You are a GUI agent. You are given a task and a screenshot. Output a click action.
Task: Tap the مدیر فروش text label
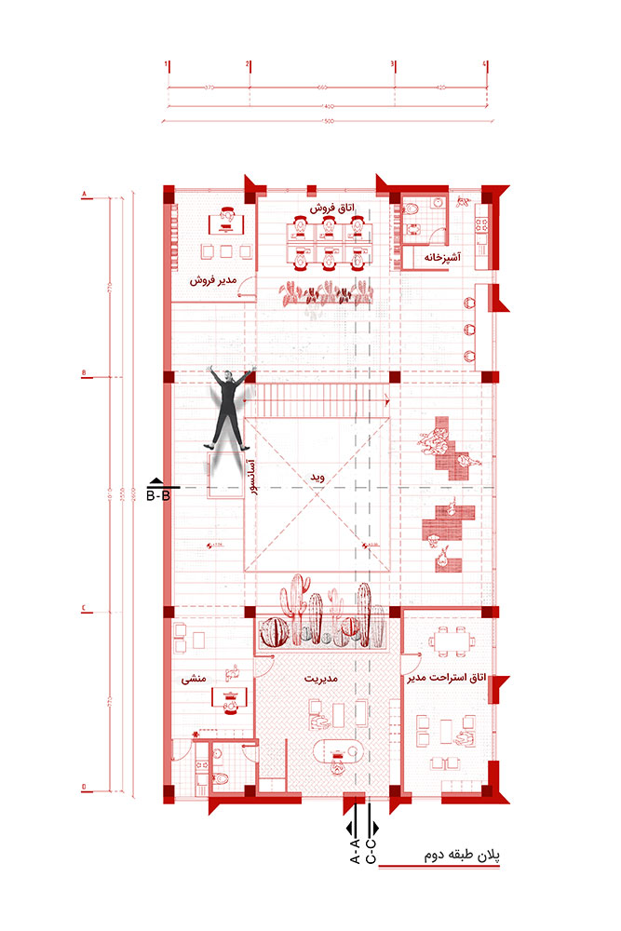point(214,279)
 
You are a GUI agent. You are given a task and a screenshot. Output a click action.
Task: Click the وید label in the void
point(317,477)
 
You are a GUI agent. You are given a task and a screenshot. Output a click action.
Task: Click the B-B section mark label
point(159,495)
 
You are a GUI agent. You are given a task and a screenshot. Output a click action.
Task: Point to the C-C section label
point(371,851)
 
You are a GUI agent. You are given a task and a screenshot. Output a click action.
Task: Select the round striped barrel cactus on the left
point(274,631)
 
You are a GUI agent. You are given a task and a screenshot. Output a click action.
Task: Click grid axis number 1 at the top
point(168,64)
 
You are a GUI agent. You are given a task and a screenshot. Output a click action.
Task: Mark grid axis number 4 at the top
point(485,64)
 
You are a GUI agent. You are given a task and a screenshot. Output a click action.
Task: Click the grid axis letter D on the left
point(85,788)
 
